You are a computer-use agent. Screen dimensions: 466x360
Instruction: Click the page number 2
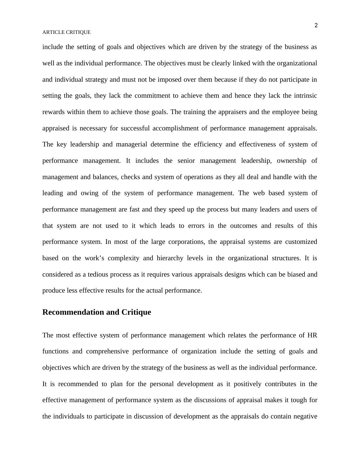[316, 25]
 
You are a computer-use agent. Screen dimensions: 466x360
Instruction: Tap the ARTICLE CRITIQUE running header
[66, 32]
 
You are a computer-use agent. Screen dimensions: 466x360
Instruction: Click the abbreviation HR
[312, 335]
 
